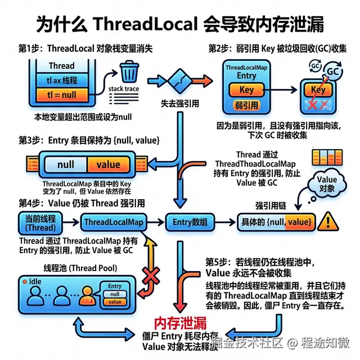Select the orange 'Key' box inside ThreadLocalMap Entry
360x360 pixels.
tap(247, 90)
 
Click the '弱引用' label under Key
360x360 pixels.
tap(246, 105)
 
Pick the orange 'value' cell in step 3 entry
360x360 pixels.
tap(109, 164)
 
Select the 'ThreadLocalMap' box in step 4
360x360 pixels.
tap(113, 222)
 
